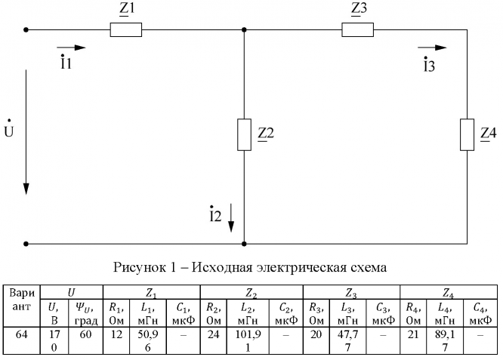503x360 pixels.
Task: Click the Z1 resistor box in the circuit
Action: point(126,30)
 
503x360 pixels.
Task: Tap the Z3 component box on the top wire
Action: point(357,30)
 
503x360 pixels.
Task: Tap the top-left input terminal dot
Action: point(26,30)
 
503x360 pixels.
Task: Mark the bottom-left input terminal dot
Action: point(26,244)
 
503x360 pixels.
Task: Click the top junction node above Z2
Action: point(244,30)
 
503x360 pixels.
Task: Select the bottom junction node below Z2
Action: point(244,244)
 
